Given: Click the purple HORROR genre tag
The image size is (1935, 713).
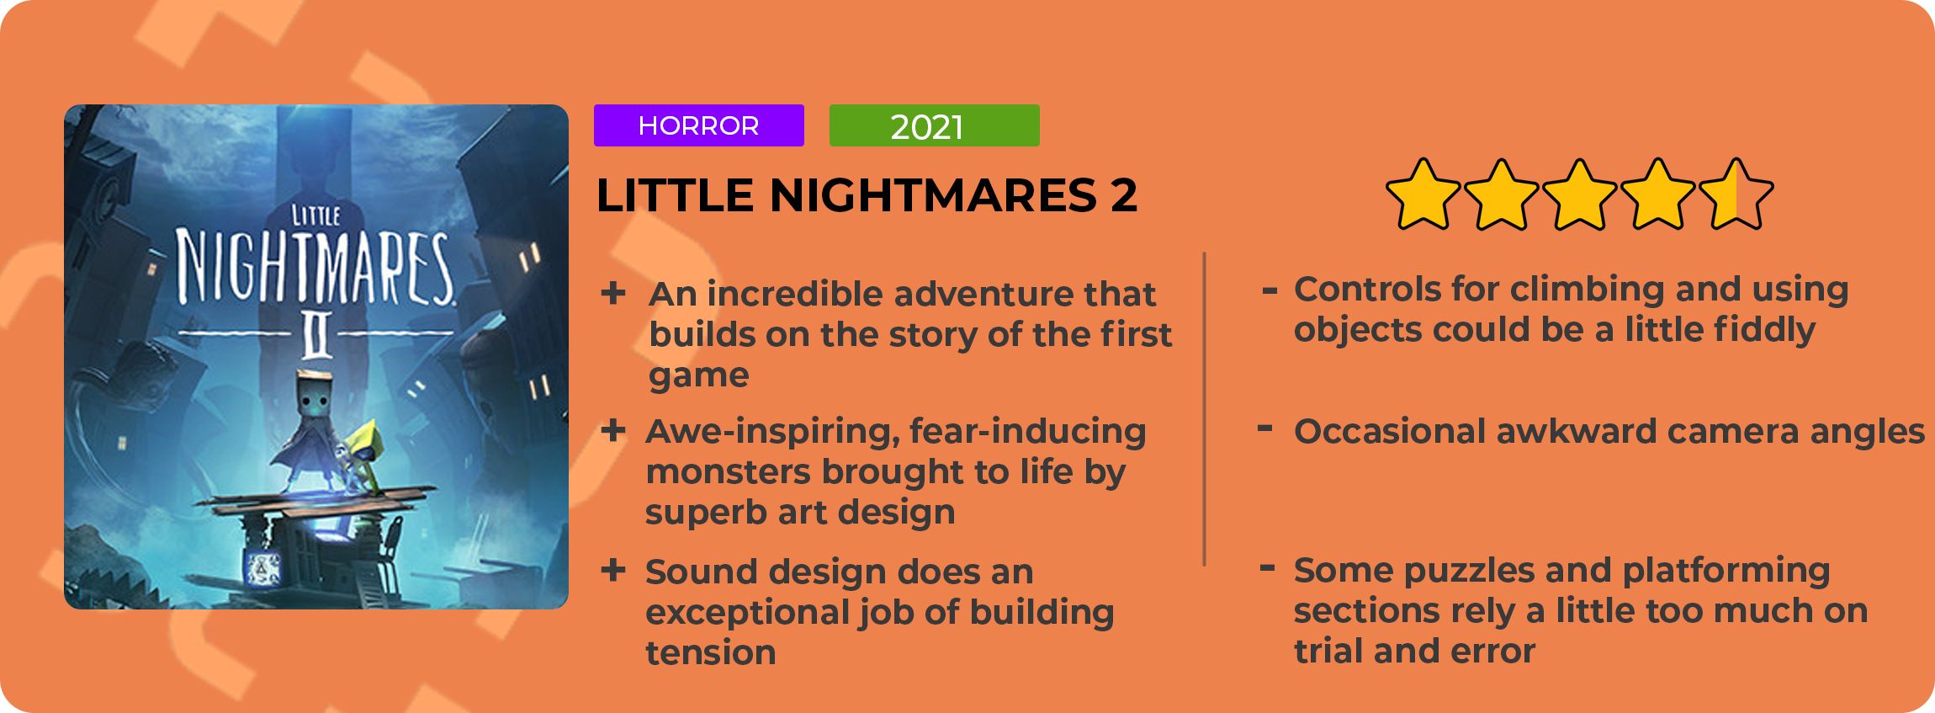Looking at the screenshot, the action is click(x=699, y=125).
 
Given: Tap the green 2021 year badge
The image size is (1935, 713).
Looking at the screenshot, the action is click(x=935, y=125).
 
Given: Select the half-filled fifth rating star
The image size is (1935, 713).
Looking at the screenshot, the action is click(x=1736, y=194).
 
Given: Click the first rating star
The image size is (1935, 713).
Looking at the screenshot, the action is click(x=1423, y=194).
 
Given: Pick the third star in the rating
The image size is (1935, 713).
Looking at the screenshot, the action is click(x=1579, y=194).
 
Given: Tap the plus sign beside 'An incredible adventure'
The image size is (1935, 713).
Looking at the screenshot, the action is click(x=613, y=293).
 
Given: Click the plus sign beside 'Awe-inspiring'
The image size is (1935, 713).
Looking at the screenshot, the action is click(x=613, y=431).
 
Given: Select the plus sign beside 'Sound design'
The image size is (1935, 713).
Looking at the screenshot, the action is click(x=613, y=571).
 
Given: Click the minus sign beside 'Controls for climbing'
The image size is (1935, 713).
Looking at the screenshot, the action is click(x=1270, y=291).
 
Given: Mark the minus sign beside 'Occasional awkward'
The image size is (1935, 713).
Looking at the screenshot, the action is click(x=1264, y=428).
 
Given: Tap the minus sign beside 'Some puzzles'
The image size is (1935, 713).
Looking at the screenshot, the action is click(x=1268, y=567).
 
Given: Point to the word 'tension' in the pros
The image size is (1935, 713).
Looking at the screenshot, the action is click(x=711, y=652).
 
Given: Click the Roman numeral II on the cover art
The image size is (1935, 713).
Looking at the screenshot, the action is click(x=315, y=333).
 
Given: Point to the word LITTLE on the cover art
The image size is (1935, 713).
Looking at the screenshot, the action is click(x=315, y=215).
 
